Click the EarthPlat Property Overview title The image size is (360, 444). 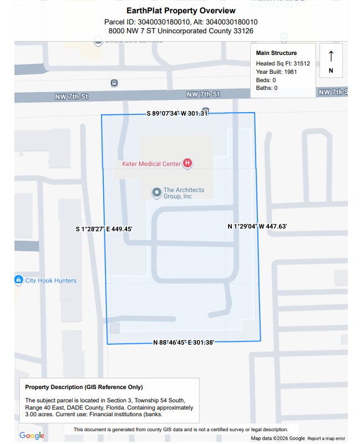181,11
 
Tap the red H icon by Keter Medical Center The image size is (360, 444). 187,163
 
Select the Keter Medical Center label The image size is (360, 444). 151,164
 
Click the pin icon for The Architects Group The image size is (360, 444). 156,193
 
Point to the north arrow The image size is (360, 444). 331,57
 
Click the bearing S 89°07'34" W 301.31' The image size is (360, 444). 178,113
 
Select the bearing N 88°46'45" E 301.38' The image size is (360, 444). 183,342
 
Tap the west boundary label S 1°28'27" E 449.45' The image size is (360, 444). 104,229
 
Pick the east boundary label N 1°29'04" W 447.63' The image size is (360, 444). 257,226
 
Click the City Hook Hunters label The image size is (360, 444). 50,281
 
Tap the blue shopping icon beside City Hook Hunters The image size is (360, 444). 18,280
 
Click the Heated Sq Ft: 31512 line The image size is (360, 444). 283,63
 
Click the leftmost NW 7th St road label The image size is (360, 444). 72,97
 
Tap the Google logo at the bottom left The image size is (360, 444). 32,436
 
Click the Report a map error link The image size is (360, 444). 326,438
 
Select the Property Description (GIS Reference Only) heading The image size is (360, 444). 84,387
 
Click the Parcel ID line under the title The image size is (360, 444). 181,22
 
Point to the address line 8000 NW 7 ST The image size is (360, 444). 181,31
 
